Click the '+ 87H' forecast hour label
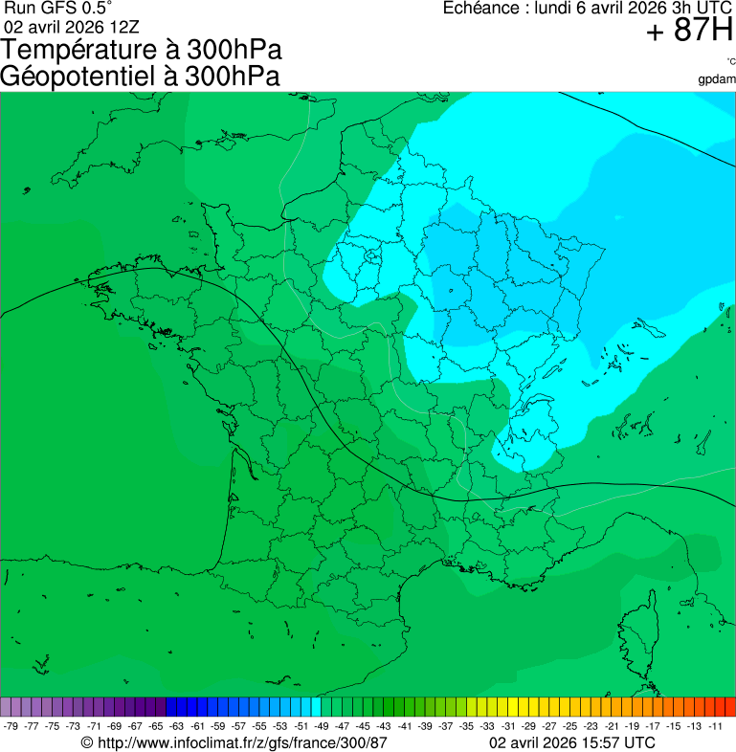pos(689,32)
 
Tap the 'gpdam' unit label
pos(717,78)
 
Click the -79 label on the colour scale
pos(11,726)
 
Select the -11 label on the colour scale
pos(715,726)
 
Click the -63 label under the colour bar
pos(177,726)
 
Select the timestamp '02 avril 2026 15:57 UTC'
pos(572,742)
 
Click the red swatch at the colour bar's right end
pos(729,707)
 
